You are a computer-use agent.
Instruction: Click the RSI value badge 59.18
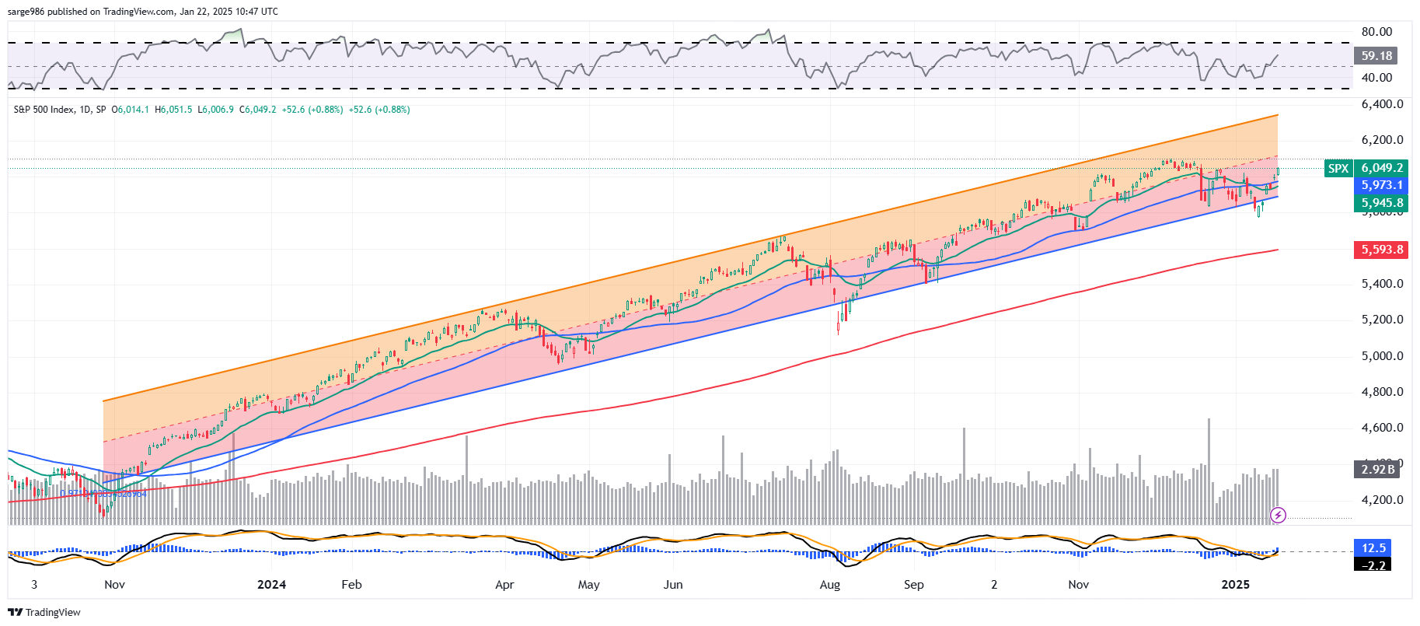1376,56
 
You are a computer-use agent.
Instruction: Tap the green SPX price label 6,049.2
1381,168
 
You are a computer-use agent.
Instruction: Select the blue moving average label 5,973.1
1381,185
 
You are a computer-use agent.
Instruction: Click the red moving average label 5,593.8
1381,250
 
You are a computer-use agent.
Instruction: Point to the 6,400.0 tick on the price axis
1382,104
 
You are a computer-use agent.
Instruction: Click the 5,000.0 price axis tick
1382,356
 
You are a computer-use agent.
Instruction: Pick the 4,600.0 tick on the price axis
1382,428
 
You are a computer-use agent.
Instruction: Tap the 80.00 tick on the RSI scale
1376,32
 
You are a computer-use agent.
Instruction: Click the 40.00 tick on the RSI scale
1376,78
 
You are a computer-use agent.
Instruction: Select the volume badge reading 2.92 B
1377,469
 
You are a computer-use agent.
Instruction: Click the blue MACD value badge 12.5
1373,548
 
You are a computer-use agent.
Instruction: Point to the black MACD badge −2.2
1373,565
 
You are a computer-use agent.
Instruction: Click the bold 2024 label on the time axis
271,585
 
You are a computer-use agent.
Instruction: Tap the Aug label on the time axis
830,585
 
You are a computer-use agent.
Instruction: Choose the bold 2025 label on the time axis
1235,585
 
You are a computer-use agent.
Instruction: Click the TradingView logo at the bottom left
44,612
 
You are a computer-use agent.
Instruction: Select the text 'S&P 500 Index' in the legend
43,110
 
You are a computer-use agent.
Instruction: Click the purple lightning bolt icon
1278,515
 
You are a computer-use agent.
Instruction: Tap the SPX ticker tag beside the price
1338,168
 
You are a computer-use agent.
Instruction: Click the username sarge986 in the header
26,12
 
